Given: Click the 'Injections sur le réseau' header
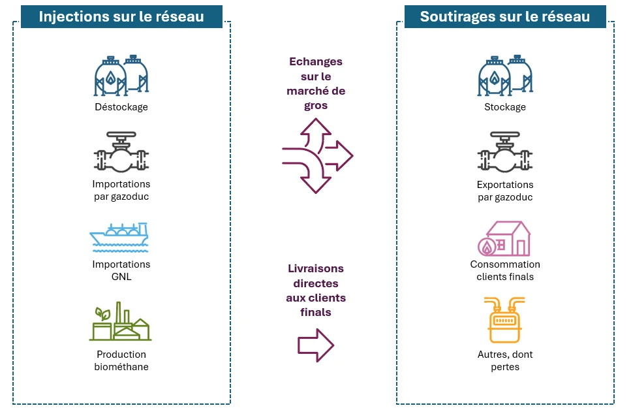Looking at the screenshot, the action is pos(121,16).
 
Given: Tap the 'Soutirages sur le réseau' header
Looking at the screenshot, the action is pos(505,16).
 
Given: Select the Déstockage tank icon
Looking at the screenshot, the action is pos(121,75).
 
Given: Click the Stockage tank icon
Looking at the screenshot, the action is pos(505,75).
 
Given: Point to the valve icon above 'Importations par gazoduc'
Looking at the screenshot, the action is pos(121,152).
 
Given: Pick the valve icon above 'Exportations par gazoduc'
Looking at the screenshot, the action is pos(505,152).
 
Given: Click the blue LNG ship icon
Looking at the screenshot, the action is pos(119,238).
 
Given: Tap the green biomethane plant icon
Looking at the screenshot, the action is pos(120,321).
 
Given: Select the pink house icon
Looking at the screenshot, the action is pos(504,239).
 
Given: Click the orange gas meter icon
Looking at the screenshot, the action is pos(504,320).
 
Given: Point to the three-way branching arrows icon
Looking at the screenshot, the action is pos(317,156).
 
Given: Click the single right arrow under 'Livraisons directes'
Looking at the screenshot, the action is pos(316,345).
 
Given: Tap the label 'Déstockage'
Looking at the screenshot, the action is pos(121,106).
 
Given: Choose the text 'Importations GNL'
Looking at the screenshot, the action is pos(121,270).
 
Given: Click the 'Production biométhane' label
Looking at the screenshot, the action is pos(121,360).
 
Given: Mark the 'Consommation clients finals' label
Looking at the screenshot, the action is pos(505,270).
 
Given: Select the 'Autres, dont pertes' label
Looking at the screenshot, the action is pos(505,360).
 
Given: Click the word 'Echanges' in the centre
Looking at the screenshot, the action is pos(316,61).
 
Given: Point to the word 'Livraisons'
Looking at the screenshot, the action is pos(316,268).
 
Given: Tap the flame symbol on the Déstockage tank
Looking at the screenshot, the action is pos(111,77).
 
